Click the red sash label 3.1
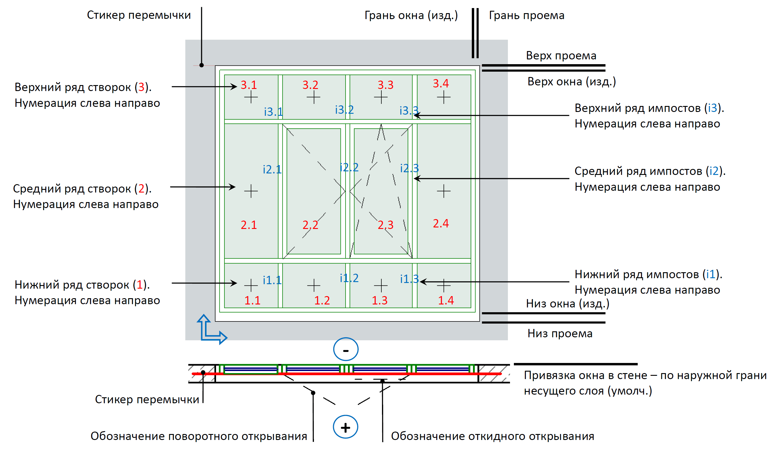coord(249,85)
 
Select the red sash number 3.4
coord(440,83)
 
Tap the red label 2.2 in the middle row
coord(310,225)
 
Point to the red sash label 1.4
coord(446,300)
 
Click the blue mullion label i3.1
coord(273,112)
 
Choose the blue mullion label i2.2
coord(349,167)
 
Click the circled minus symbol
coord(346,349)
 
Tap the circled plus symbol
coord(346,427)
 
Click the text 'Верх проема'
coord(561,56)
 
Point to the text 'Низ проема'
coord(560,334)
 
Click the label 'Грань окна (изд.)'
coord(411,15)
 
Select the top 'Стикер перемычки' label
coord(139,15)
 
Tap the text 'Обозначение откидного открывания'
coord(492,436)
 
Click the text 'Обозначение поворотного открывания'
coord(199,436)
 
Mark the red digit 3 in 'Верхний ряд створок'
coord(141,87)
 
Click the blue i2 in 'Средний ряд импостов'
coord(714,171)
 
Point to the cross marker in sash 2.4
coord(443,191)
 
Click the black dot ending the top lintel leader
coord(201,65)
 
